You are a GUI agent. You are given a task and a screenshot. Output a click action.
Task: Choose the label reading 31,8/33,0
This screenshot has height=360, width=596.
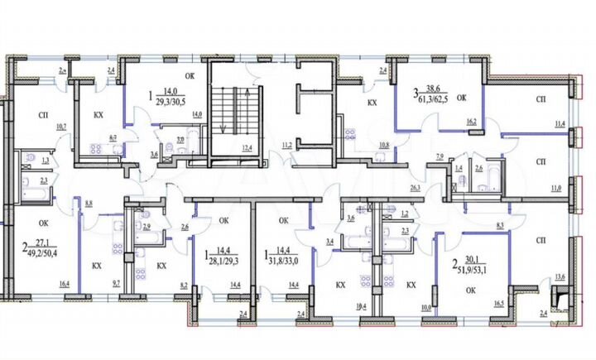[283, 258]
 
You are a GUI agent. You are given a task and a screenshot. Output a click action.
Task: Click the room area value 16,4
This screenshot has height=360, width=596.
[64, 284]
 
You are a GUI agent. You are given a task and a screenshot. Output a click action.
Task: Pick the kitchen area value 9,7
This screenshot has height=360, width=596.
[115, 284]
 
